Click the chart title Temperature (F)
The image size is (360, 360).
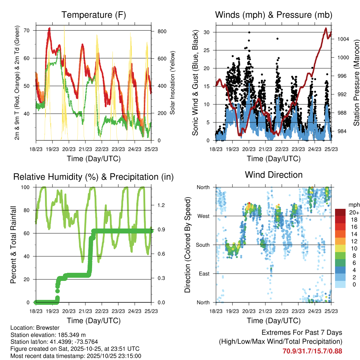coord(93,15)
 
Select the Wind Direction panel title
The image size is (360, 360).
coord(274,174)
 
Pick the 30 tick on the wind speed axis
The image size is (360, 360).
coord(207,32)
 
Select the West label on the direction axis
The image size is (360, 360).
coord(203,216)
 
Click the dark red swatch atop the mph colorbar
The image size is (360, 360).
coord(340,212)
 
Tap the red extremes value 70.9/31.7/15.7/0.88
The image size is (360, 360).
coord(312,351)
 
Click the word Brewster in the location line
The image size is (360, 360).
coord(48,328)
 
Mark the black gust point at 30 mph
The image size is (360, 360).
coord(249,32)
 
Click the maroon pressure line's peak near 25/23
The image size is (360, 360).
coord(326,28)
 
